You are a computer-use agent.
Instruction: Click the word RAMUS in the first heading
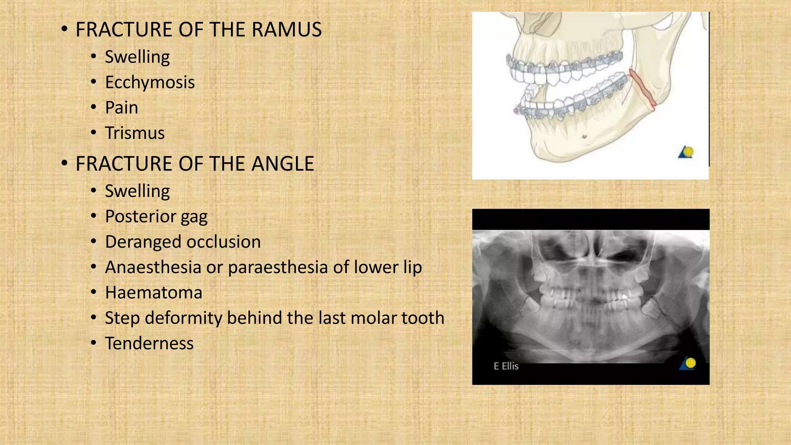click(x=287, y=30)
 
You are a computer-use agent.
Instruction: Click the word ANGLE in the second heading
click(x=283, y=164)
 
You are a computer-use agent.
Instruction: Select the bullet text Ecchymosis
click(x=150, y=82)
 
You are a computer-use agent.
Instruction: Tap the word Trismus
click(x=135, y=133)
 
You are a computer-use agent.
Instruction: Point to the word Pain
click(x=121, y=108)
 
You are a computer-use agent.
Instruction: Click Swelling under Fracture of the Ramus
click(x=137, y=57)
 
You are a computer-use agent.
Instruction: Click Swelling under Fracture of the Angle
click(x=137, y=191)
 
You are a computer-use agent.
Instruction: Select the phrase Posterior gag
click(x=156, y=217)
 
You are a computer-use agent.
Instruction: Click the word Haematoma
click(x=153, y=293)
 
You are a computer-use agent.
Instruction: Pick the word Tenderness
click(x=149, y=343)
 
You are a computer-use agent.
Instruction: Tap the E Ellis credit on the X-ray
click(x=506, y=366)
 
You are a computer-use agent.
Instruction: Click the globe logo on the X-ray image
click(x=688, y=363)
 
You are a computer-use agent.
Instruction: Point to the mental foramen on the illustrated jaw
click(x=584, y=136)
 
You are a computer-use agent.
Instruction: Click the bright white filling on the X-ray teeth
click(x=624, y=297)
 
